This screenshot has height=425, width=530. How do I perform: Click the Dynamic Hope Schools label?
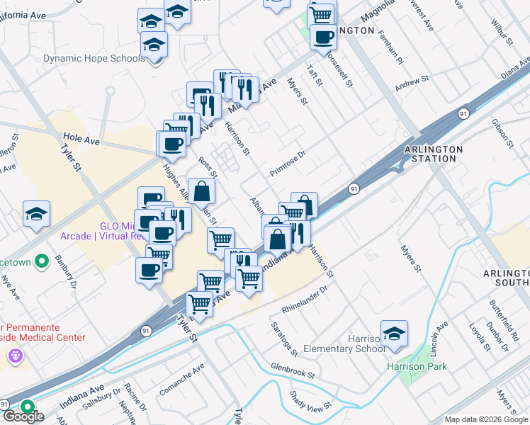point(94,59)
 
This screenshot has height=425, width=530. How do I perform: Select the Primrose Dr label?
point(287,164)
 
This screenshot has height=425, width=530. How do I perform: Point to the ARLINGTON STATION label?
point(433,154)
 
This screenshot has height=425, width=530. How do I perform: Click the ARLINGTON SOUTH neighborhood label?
point(506,278)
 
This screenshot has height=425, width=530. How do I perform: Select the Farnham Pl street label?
point(391,45)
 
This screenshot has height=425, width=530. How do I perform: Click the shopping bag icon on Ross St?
point(202,191)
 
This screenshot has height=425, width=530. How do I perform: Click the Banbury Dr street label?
point(69,279)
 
